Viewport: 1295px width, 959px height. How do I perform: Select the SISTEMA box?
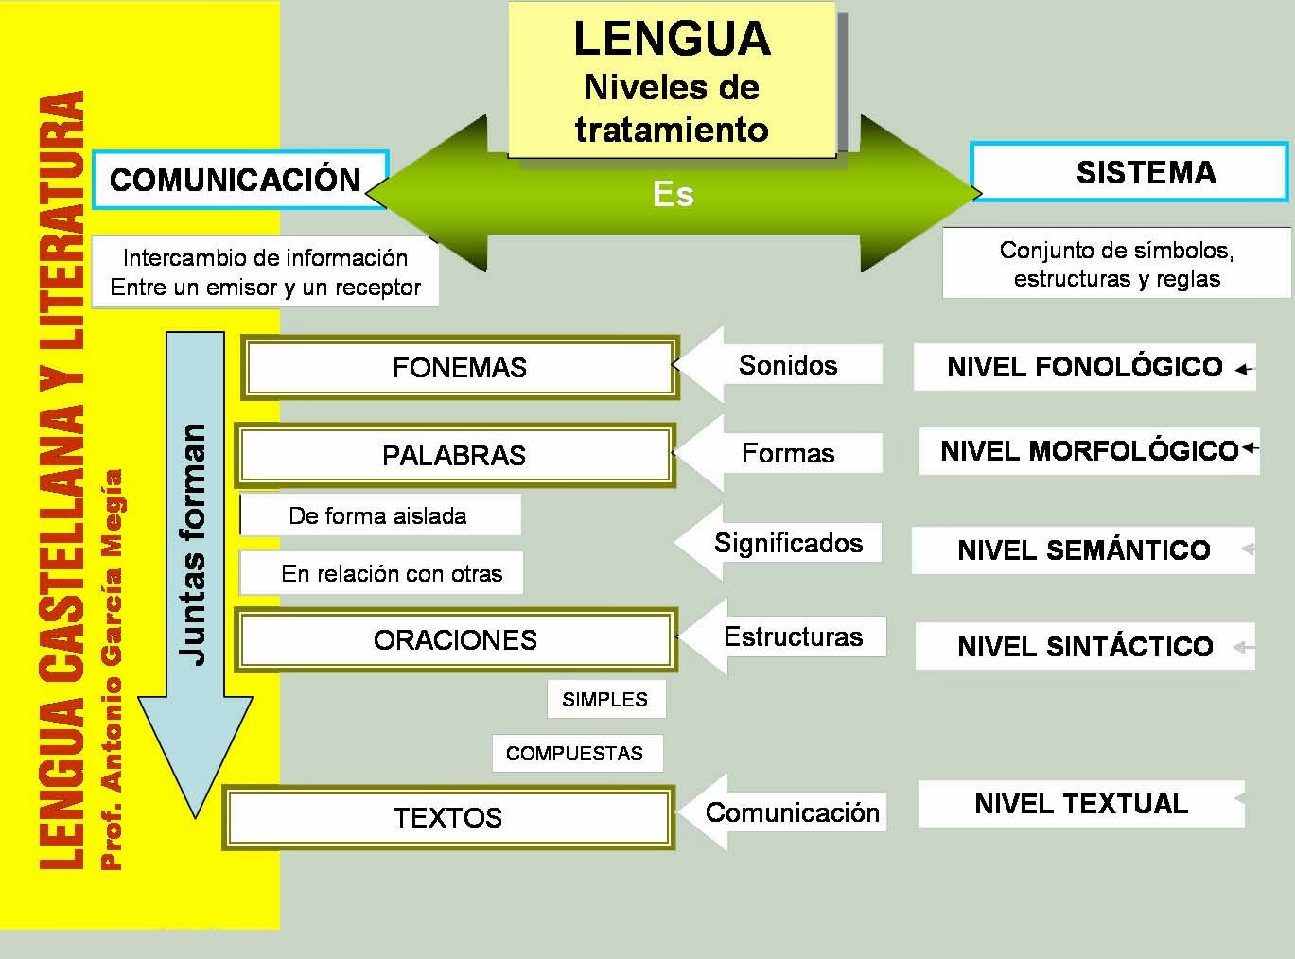point(1129,172)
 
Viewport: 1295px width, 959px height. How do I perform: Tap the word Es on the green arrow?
point(673,194)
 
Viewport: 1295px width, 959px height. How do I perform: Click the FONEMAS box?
point(460,367)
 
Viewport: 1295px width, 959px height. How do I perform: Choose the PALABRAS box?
point(454,455)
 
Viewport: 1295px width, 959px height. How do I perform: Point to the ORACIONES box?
point(455,640)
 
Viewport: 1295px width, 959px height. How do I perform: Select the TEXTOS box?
point(447,817)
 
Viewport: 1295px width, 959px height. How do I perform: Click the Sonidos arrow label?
point(787,365)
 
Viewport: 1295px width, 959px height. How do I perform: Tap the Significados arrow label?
point(787,543)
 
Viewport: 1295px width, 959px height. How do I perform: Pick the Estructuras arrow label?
point(793,636)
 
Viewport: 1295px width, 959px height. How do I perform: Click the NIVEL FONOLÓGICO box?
point(1084,367)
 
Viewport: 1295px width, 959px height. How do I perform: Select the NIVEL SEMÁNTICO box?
point(1083,550)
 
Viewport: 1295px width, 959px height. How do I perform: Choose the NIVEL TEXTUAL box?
point(1080,804)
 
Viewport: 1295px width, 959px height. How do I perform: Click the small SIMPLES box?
point(605,700)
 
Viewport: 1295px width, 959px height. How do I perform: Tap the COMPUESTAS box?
point(575,754)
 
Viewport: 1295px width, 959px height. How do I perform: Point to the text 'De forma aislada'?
point(377,516)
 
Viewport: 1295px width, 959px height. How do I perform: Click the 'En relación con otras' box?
point(391,574)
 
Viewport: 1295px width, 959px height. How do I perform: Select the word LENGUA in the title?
point(672,39)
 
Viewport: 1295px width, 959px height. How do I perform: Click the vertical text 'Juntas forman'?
point(194,544)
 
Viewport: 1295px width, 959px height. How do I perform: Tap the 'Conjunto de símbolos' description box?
point(1116,264)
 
